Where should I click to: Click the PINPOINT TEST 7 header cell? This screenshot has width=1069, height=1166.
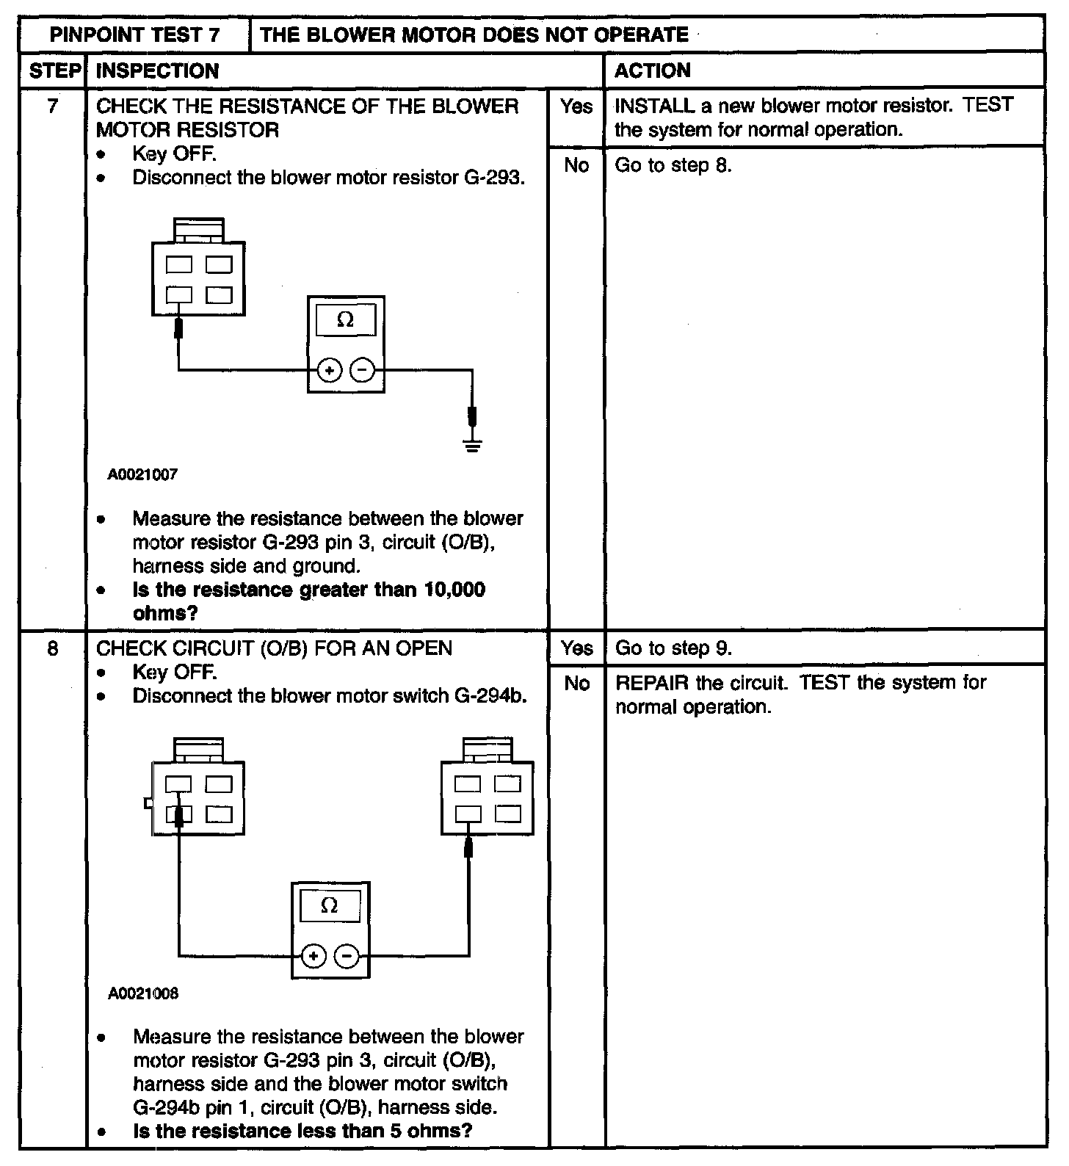pyautogui.click(x=135, y=35)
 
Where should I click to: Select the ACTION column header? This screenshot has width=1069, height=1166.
pyautogui.click(x=652, y=70)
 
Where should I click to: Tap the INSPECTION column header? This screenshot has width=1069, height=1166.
pyautogui.click(x=158, y=70)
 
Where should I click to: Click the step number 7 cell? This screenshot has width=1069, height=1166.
pyautogui.click(x=52, y=106)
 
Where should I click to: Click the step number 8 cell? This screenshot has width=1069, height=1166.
pyautogui.click(x=52, y=648)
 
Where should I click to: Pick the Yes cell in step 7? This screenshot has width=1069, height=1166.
pyautogui.click(x=576, y=106)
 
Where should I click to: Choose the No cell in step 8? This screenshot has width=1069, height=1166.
pyautogui.click(x=576, y=684)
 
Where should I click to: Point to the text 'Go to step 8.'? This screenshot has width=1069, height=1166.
pyautogui.click(x=673, y=165)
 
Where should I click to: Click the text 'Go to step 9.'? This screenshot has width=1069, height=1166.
pyautogui.click(x=673, y=648)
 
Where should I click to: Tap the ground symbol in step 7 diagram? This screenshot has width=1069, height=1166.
pyautogui.click(x=473, y=444)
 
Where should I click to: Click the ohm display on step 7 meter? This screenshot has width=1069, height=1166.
pyautogui.click(x=345, y=321)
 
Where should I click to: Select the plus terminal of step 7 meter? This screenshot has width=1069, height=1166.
pyautogui.click(x=330, y=371)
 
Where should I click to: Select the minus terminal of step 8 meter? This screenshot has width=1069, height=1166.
pyautogui.click(x=347, y=956)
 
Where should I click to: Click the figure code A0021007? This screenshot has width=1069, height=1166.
pyautogui.click(x=142, y=474)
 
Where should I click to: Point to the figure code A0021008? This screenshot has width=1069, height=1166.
pyautogui.click(x=142, y=993)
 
